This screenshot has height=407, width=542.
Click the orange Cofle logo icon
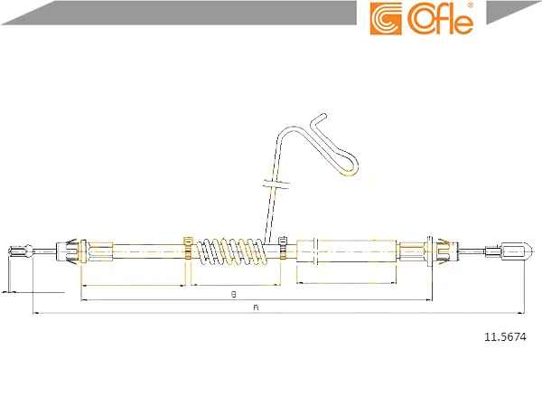[x=386, y=19]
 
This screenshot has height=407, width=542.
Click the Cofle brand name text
[x=440, y=19]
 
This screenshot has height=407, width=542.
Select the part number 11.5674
[x=505, y=336]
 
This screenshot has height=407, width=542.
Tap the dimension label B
[x=234, y=295]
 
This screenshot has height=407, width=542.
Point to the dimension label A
[x=256, y=308]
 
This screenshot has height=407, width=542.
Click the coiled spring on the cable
[x=229, y=251]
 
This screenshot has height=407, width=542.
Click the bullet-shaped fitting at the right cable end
[x=517, y=251]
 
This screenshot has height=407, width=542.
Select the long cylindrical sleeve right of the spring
[x=356, y=251]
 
